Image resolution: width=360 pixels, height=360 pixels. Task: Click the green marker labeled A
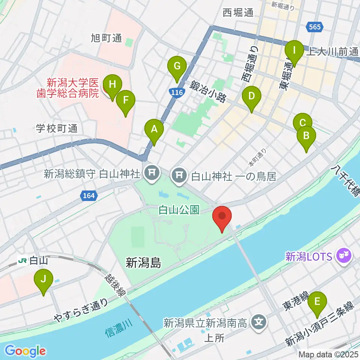point(154,130)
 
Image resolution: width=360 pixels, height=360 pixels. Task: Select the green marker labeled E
point(317,301)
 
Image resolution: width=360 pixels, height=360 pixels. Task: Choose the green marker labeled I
point(294,50)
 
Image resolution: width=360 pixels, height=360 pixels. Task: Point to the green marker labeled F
point(125,100)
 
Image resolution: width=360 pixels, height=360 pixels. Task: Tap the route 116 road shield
point(175,92)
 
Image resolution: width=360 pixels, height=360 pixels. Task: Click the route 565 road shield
point(314,27)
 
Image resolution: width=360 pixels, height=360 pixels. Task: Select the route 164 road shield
point(88,195)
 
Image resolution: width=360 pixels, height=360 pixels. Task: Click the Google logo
point(25,351)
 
